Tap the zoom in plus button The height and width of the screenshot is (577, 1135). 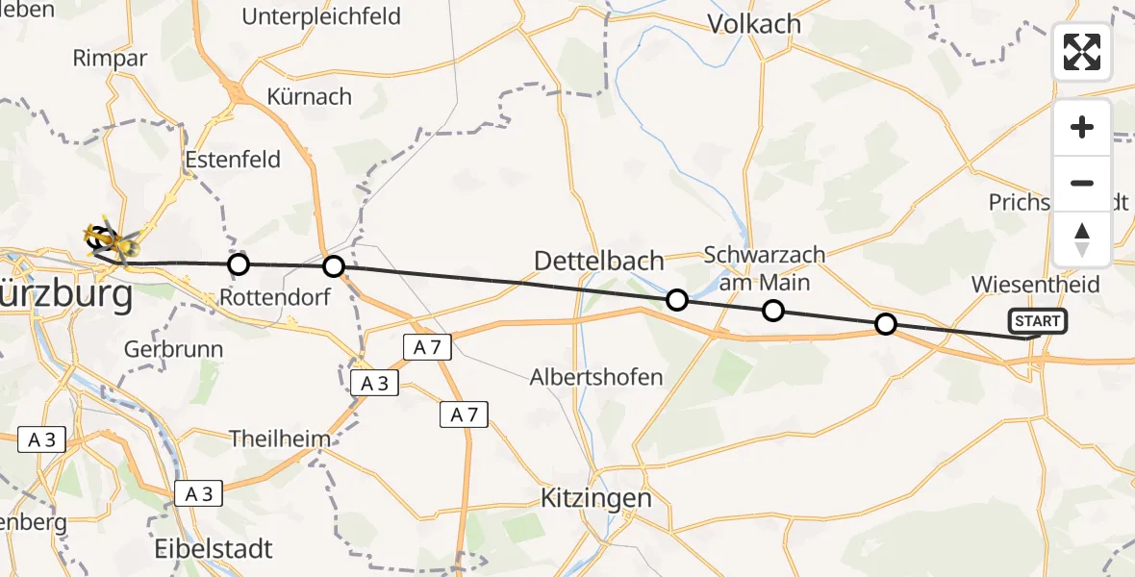pyautogui.click(x=1082, y=128)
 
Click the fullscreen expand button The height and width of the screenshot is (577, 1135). pyautogui.click(x=1082, y=52)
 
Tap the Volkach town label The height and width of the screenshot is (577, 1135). pyautogui.click(x=755, y=24)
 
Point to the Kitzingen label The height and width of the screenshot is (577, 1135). pyautogui.click(x=596, y=499)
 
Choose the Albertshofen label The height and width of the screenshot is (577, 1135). pyautogui.click(x=596, y=377)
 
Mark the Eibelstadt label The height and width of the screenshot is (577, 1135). pyautogui.click(x=214, y=549)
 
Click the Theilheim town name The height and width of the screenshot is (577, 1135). pyautogui.click(x=280, y=439)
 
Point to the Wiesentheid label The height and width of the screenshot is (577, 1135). pyautogui.click(x=1035, y=285)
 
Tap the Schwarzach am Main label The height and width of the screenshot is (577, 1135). pyautogui.click(x=765, y=268)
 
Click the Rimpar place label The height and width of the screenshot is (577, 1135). pyautogui.click(x=110, y=58)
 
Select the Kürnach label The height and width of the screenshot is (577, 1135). pyautogui.click(x=310, y=97)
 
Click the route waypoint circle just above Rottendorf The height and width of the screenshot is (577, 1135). pyautogui.click(x=239, y=263)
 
